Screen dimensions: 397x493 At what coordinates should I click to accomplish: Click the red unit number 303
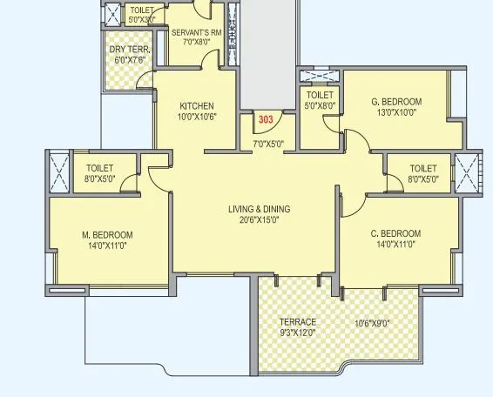264,120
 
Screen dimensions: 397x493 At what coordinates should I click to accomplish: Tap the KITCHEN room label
196,106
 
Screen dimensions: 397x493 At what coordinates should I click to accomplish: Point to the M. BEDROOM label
107,234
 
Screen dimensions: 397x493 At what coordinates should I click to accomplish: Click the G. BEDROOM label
396,101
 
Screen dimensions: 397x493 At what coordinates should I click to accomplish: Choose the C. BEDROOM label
395,233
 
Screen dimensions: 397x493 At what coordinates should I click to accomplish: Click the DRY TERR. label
130,50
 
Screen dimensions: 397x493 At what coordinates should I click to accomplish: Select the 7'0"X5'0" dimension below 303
268,144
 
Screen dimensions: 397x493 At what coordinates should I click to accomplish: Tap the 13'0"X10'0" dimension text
396,112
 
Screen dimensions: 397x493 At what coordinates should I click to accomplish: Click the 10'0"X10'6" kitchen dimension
196,117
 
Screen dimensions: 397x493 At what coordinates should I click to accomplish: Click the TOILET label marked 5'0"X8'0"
321,95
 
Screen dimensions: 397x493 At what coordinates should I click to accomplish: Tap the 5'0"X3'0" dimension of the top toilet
141,18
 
